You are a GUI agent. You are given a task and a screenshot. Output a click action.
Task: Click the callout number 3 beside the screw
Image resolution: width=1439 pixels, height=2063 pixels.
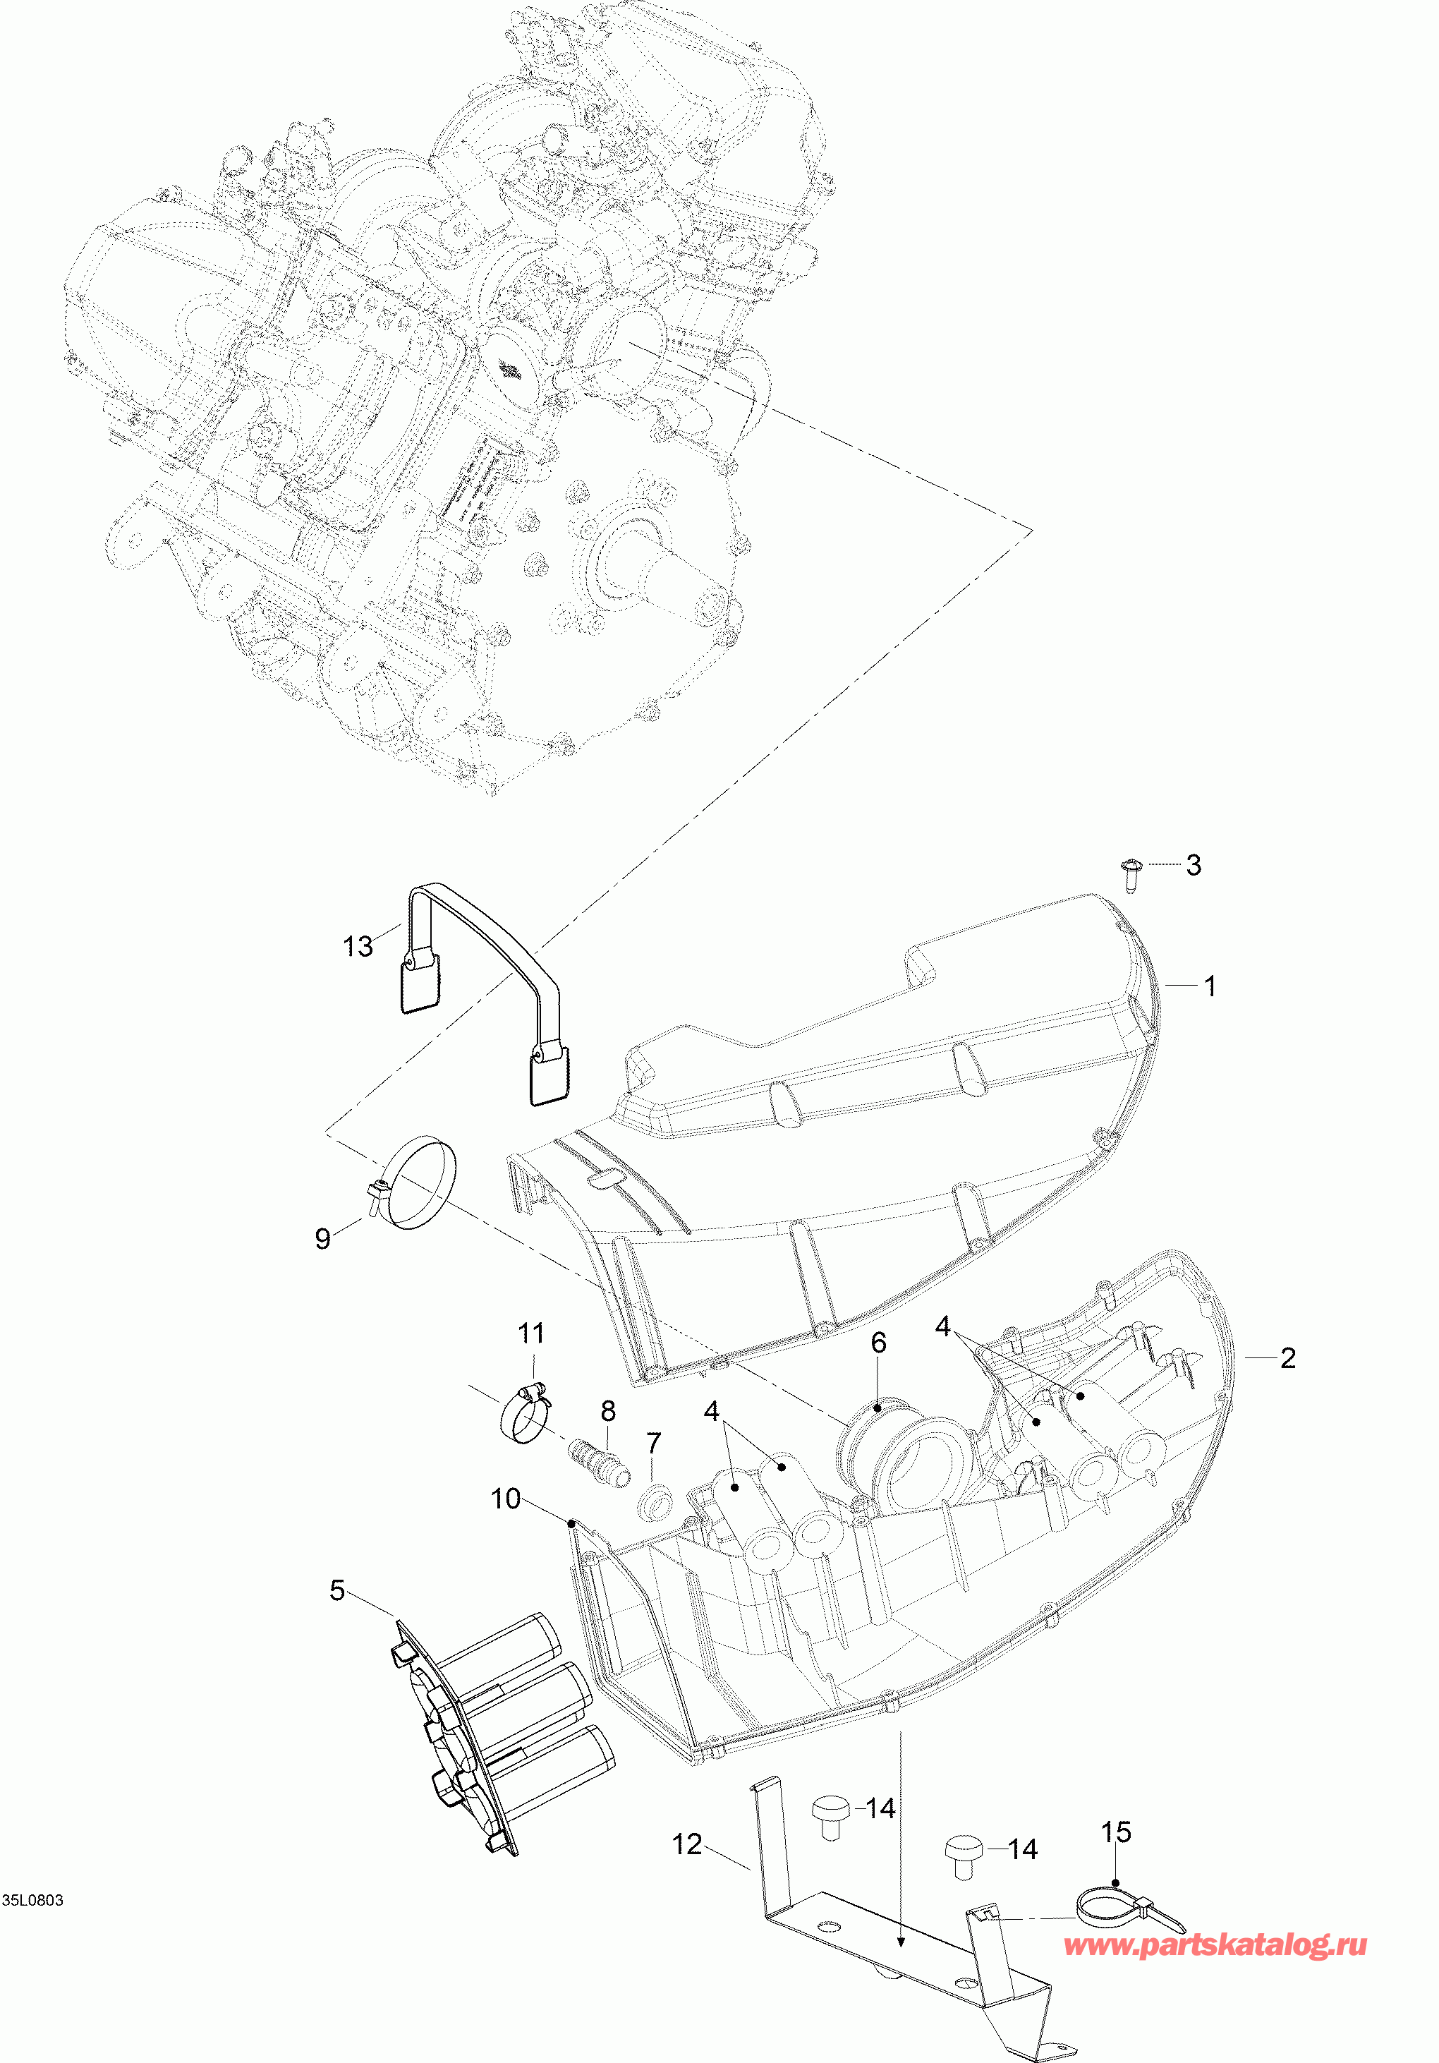click(x=1193, y=865)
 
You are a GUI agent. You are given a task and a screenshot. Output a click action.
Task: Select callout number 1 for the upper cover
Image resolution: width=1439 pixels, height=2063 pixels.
click(x=1210, y=986)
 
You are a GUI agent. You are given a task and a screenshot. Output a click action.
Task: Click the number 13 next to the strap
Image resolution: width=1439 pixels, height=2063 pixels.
click(x=358, y=946)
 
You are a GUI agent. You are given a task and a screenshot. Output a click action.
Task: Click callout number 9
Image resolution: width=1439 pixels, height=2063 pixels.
click(x=323, y=1238)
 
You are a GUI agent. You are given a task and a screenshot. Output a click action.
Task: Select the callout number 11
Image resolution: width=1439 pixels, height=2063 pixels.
click(x=531, y=1333)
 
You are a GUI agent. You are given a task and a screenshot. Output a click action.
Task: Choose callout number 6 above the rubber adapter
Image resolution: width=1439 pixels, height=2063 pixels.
click(x=878, y=1343)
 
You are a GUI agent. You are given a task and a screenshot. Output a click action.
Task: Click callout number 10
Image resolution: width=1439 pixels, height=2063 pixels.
click(x=506, y=1499)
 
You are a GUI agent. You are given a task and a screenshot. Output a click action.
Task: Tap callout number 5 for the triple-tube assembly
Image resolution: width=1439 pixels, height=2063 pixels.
click(x=337, y=1590)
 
